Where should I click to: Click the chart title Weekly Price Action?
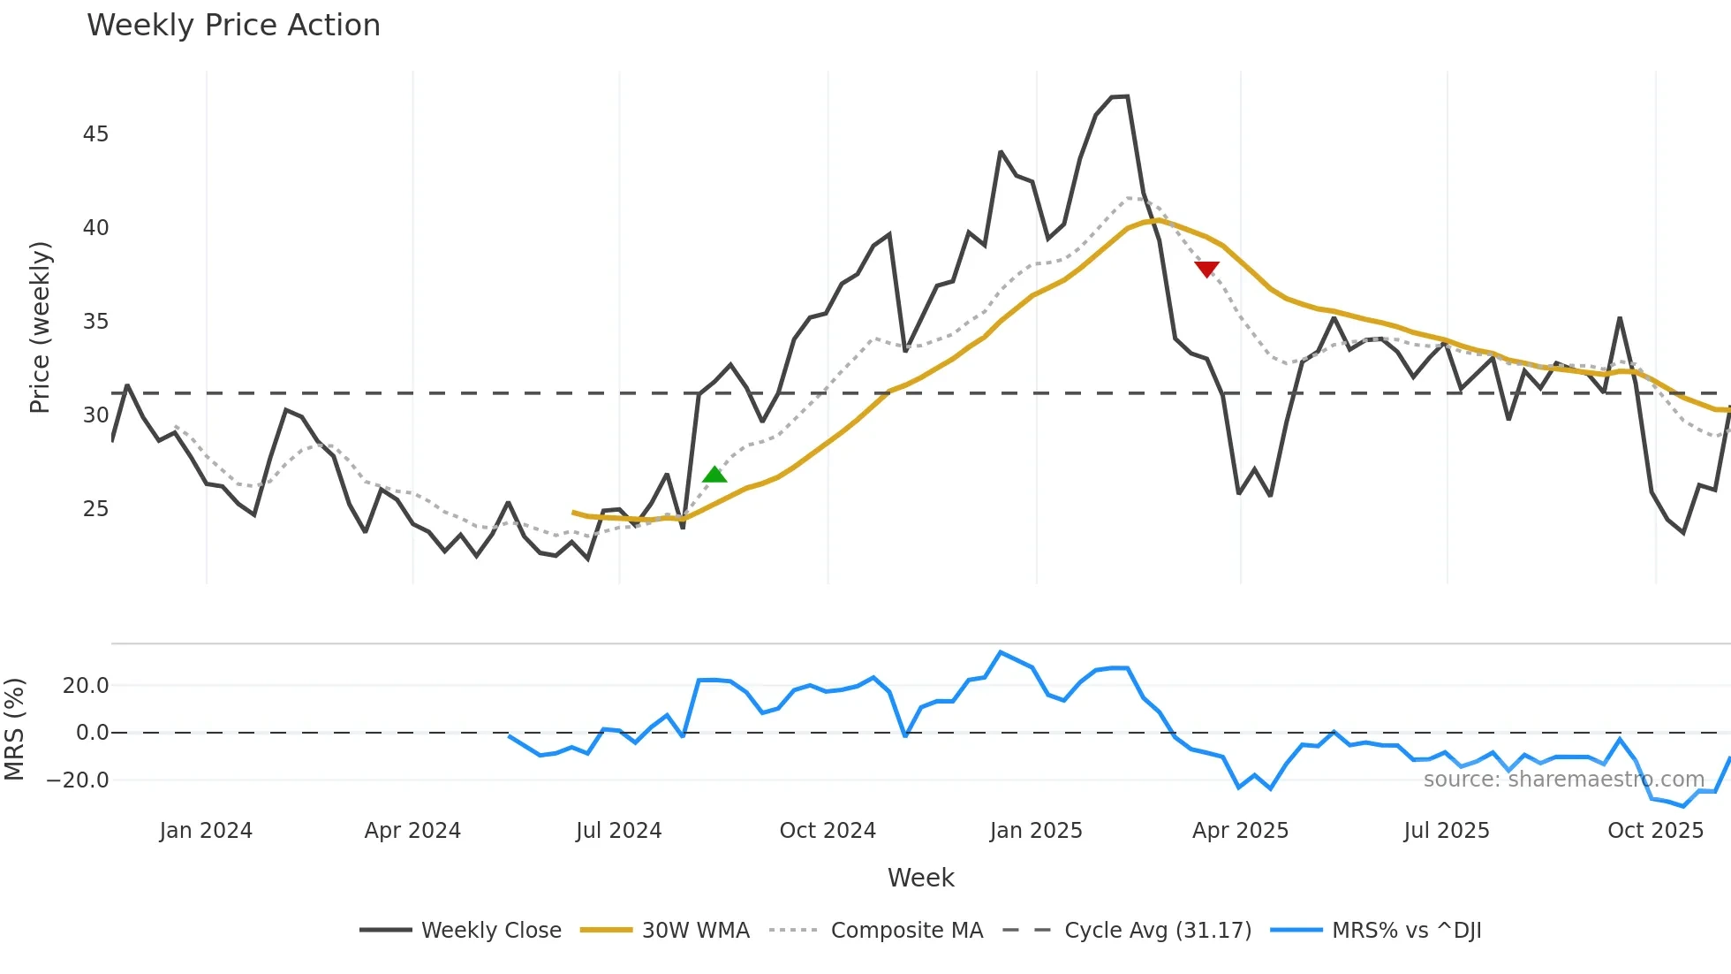(x=233, y=25)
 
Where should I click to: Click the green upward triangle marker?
(x=714, y=476)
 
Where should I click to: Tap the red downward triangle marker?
(x=1206, y=269)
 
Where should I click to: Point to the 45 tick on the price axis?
(x=95, y=134)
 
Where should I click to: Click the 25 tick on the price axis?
(x=95, y=509)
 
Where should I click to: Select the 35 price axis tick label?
(x=95, y=322)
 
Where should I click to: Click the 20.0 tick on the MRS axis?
(x=86, y=686)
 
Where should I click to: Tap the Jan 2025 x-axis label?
(x=1036, y=831)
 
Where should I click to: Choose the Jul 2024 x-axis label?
(x=618, y=831)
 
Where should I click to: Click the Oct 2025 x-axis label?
(x=1655, y=831)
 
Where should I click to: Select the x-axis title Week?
(x=920, y=878)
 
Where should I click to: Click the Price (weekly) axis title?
(x=41, y=327)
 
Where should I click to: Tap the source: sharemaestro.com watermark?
(x=1563, y=780)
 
